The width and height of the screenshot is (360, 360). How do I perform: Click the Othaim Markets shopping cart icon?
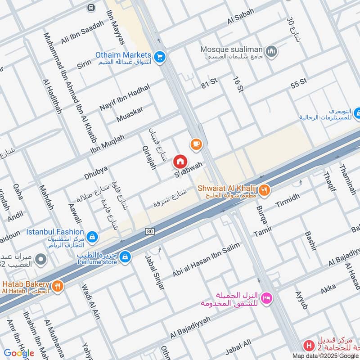click(x=159, y=57)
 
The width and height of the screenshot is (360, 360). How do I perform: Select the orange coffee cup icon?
click(x=196, y=144)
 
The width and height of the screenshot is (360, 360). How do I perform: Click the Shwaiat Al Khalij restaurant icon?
click(x=265, y=190)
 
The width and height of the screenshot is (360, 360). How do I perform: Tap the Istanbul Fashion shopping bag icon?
click(x=92, y=236)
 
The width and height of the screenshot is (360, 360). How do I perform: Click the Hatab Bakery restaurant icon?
click(x=57, y=285)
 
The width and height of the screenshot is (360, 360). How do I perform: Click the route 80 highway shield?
click(x=149, y=231)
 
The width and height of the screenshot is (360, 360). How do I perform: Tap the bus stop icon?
click(x=92, y=8)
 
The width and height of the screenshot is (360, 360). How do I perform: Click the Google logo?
click(x=19, y=353)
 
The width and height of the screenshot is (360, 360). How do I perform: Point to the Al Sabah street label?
click(x=241, y=19)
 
